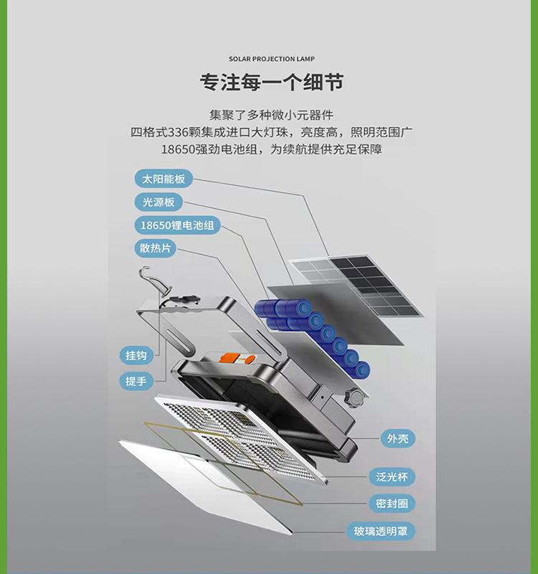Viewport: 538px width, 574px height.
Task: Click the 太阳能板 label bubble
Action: [x=164, y=179]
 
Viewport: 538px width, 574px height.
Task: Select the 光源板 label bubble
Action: [x=159, y=202]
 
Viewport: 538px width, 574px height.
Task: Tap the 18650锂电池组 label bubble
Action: [x=177, y=225]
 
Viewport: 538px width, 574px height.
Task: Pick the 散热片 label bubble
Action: [x=155, y=248]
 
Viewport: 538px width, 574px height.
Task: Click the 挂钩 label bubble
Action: [x=136, y=355]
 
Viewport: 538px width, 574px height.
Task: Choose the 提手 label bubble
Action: [x=136, y=381]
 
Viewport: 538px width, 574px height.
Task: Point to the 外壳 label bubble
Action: [x=398, y=438]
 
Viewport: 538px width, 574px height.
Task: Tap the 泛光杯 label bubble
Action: [x=392, y=476]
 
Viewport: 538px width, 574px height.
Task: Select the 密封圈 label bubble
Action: [x=392, y=504]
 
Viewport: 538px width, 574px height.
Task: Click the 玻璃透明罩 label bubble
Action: [x=381, y=531]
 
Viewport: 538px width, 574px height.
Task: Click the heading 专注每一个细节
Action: [x=272, y=82]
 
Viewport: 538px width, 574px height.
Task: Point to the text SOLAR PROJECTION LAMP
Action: [x=272, y=59]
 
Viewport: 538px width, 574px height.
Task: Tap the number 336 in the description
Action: [x=177, y=132]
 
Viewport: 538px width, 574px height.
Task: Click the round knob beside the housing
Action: [x=353, y=397]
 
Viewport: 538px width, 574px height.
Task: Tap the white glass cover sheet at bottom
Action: [x=205, y=486]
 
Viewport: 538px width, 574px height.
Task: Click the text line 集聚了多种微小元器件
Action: [x=272, y=115]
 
